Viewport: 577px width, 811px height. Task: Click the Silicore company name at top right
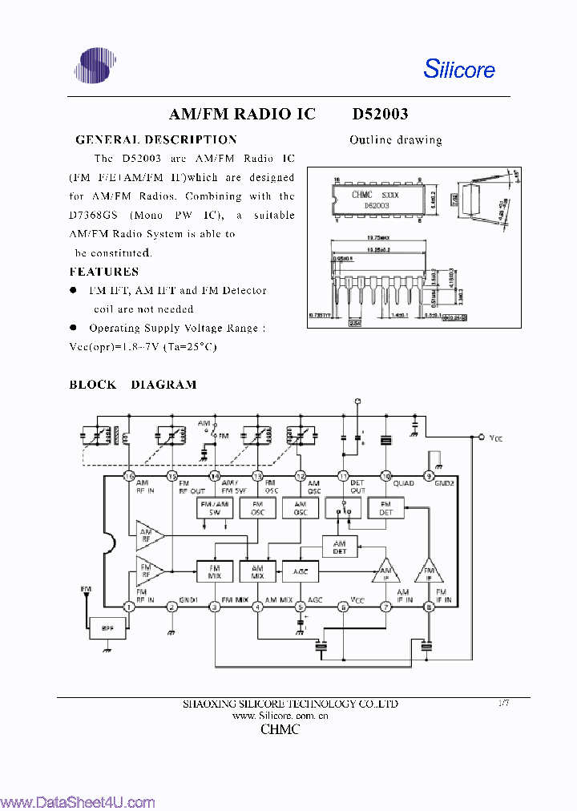[x=459, y=69]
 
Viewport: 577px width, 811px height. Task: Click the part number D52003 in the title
[x=380, y=115]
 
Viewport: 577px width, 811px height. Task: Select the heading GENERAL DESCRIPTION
[x=155, y=139]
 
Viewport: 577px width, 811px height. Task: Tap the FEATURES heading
[x=103, y=272]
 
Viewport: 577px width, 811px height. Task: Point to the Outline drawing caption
[x=395, y=140]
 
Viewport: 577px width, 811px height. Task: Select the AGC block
[x=301, y=571]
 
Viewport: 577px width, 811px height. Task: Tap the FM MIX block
[x=214, y=571]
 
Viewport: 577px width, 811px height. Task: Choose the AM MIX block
[x=257, y=571]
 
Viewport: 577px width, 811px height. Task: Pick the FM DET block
[x=385, y=507]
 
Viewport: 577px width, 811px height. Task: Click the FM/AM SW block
[x=214, y=507]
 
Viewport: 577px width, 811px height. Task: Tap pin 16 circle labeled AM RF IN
[x=129, y=475]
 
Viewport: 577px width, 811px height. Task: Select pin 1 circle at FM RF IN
[x=129, y=607]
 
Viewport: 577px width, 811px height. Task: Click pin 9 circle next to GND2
[x=429, y=475]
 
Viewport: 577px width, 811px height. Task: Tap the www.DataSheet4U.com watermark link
[x=78, y=802]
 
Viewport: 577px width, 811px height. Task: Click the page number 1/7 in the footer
[x=503, y=702]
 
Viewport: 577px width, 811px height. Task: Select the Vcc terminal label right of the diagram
[x=496, y=438]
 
